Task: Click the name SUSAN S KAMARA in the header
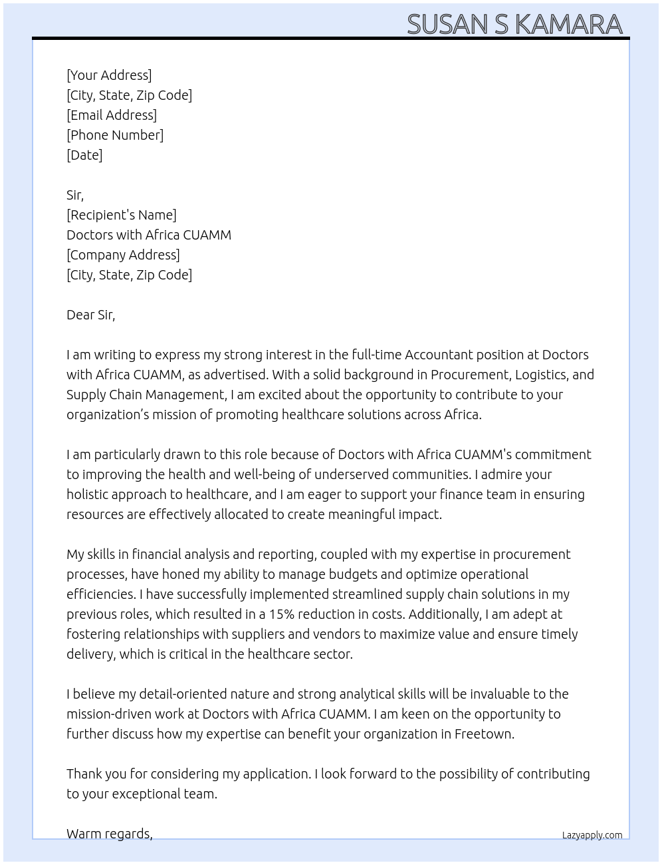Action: (x=514, y=24)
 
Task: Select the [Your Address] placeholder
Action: (x=109, y=75)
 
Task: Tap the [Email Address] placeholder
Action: (x=112, y=115)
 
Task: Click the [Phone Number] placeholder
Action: (x=115, y=135)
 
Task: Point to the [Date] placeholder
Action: (x=84, y=155)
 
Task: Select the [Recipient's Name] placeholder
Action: (x=122, y=215)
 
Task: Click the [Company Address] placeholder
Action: (x=123, y=255)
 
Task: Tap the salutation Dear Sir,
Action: (x=90, y=315)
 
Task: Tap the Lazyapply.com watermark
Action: (x=592, y=835)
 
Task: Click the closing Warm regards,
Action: (x=110, y=834)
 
